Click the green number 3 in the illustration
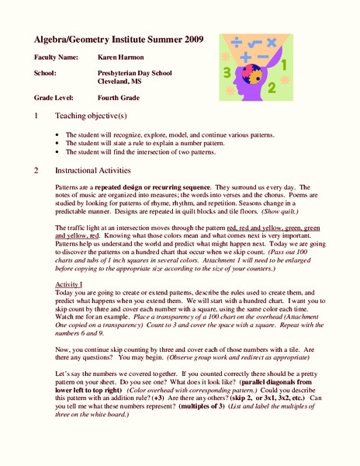pos(226,72)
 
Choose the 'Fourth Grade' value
pos(119,99)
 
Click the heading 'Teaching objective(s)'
pos(91,116)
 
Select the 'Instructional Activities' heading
pos(93,170)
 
